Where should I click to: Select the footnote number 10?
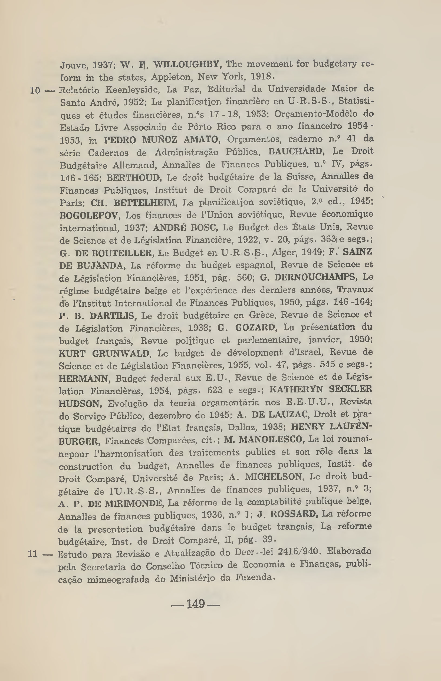coord(35,91)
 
